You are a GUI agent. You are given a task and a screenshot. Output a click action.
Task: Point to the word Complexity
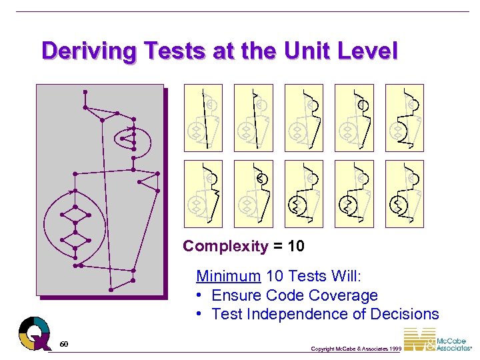click(225, 246)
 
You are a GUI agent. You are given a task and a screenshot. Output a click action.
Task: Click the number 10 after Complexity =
click(296, 246)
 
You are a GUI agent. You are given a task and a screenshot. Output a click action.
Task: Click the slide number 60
click(63, 344)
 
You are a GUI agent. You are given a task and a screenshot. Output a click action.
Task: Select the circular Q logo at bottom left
click(34, 333)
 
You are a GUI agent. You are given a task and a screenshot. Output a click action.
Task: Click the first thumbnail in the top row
click(203, 117)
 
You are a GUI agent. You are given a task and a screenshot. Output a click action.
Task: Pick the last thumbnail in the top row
click(405, 117)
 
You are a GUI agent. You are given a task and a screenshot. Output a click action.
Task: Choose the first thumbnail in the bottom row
click(203, 193)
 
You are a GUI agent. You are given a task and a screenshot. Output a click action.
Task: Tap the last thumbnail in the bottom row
click(405, 193)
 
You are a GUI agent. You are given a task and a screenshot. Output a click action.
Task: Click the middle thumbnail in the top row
click(304, 117)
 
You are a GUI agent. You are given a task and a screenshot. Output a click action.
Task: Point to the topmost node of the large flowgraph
click(85, 91)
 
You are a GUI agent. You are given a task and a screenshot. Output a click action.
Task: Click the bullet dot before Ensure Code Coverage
click(200, 295)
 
